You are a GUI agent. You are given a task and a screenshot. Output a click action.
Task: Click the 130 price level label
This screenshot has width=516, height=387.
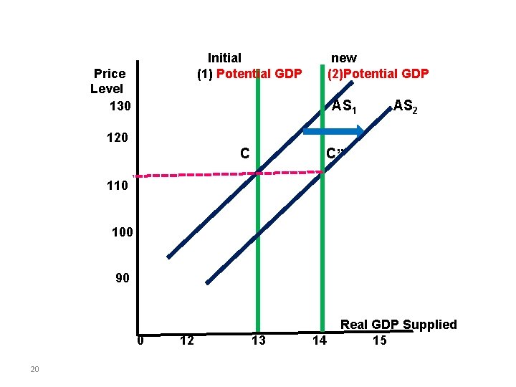[120, 106]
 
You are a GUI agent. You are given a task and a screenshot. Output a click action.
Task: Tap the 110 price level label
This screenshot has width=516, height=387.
[115, 186]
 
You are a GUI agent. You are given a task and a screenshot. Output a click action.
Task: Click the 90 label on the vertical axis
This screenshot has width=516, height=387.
[123, 278]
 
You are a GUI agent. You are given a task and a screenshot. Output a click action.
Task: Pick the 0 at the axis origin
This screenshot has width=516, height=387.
[140, 340]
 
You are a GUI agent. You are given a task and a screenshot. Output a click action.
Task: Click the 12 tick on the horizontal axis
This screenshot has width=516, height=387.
[186, 340]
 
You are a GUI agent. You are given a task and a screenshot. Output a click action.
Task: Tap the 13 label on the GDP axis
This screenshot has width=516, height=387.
[258, 340]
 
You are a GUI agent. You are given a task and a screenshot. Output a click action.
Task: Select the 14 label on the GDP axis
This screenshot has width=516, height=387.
[320, 340]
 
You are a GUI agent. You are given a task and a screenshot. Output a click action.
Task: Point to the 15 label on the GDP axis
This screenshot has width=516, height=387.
[380, 340]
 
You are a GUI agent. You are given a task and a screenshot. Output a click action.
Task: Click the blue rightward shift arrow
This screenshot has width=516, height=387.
[333, 131]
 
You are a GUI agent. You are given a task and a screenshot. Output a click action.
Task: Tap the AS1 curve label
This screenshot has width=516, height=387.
[344, 107]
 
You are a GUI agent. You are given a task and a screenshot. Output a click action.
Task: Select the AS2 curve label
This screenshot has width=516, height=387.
[405, 107]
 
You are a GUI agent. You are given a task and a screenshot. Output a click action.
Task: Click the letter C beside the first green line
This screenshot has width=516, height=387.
[245, 153]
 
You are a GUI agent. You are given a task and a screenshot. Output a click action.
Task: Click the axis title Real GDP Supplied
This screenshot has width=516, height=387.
[398, 325]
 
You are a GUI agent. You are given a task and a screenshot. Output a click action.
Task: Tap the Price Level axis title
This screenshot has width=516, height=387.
[107, 81]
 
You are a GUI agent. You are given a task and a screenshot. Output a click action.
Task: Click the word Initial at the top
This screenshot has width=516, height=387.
[224, 57]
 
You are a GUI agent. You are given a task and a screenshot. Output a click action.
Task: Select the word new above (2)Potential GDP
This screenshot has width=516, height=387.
[343, 57]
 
